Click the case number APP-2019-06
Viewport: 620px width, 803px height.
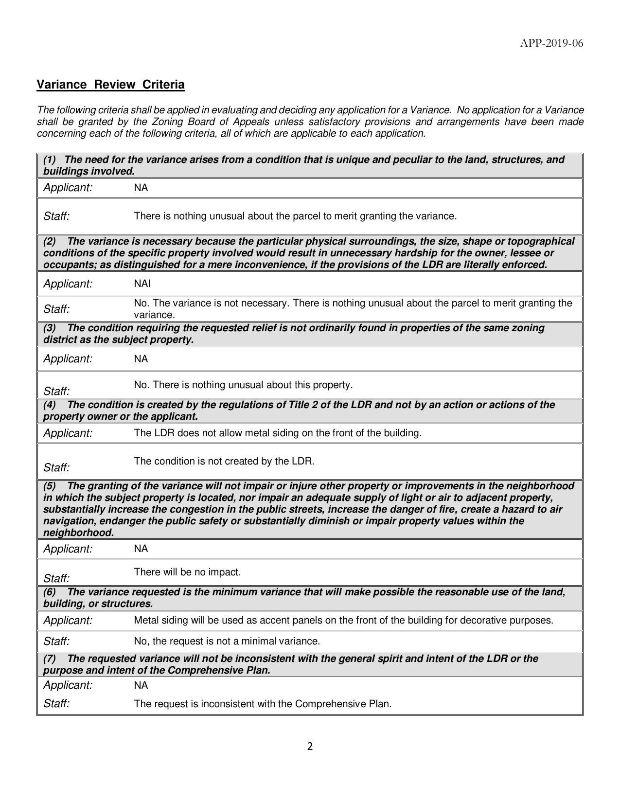pos(551,43)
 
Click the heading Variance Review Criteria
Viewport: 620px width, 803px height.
pos(111,85)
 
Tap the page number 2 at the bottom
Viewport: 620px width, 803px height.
pos(310,747)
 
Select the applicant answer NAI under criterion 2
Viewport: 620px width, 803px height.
pos(142,283)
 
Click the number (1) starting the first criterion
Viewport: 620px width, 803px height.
pos(50,160)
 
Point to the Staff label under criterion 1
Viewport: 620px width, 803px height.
pos(56,216)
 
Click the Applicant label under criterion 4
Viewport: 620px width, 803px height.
pos(68,433)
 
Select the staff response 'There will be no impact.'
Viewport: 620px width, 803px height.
pos(187,572)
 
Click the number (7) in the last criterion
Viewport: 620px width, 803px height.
pos(50,659)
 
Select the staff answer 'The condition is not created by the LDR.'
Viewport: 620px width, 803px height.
pos(224,461)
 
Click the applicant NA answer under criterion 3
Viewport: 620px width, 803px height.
pos(141,359)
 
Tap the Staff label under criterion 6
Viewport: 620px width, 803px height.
pos(56,641)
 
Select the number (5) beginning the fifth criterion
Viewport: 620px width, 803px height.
pos(50,486)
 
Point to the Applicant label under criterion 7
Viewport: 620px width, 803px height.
pos(68,685)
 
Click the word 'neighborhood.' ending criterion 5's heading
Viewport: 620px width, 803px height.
pos(78,533)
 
